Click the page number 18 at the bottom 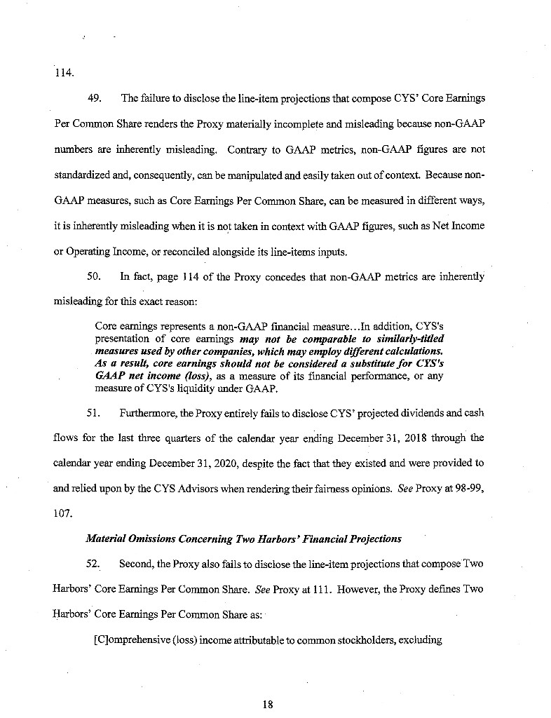tap(267, 705)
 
